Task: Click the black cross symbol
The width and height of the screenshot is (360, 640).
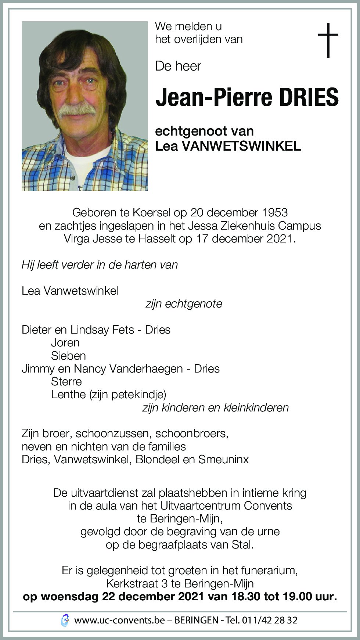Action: coord(328,40)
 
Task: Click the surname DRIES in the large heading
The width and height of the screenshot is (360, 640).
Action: coord(309,98)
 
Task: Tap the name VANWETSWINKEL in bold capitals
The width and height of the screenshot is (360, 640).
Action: coord(241,146)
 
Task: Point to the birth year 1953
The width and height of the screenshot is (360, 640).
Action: coord(274,212)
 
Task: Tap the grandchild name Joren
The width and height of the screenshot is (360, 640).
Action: coord(65,342)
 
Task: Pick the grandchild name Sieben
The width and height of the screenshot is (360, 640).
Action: coord(68,356)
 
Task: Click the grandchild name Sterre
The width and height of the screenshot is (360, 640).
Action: coord(66,381)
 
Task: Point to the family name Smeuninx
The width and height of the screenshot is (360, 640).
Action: coord(223,459)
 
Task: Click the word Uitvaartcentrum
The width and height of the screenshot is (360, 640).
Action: coord(200,506)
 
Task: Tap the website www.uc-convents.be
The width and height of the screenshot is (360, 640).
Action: coord(119,621)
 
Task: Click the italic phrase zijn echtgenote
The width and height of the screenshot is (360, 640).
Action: coord(184,304)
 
